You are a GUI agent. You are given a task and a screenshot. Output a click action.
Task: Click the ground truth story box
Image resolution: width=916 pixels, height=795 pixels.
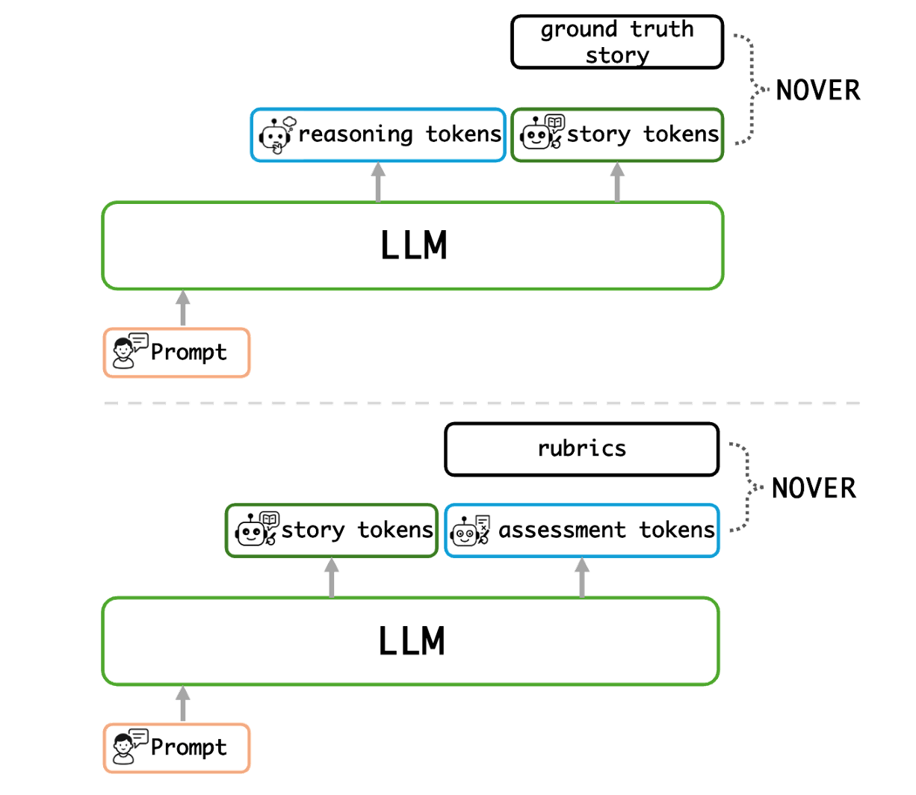pyautogui.click(x=616, y=42)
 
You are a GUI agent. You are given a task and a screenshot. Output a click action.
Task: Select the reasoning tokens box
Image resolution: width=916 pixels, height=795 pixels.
pyautogui.click(x=377, y=134)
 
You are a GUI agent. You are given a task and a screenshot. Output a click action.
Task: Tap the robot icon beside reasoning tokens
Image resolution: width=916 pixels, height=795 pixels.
pyautogui.click(x=276, y=134)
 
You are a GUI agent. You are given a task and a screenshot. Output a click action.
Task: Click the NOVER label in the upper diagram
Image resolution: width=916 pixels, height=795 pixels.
pyautogui.click(x=818, y=90)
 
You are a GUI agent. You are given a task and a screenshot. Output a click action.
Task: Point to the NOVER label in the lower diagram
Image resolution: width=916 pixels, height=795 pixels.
pyautogui.click(x=813, y=489)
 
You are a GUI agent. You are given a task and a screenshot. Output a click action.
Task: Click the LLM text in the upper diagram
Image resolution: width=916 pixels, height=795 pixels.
pyautogui.click(x=413, y=246)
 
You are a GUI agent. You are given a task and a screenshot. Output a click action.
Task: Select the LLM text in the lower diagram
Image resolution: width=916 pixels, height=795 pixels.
pyautogui.click(x=412, y=641)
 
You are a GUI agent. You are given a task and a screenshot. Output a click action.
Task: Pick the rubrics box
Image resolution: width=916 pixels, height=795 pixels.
pyautogui.click(x=581, y=449)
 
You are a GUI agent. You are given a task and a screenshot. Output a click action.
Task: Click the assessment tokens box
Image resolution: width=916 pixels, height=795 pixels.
pyautogui.click(x=582, y=530)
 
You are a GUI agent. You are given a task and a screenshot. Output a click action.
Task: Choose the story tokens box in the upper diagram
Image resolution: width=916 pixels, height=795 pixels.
pyautogui.click(x=616, y=134)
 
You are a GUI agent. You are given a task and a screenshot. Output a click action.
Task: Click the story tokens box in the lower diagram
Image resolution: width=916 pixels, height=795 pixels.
pyautogui.click(x=331, y=530)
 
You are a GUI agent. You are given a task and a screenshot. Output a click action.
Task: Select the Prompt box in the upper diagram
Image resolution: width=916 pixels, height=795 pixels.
pyautogui.click(x=176, y=352)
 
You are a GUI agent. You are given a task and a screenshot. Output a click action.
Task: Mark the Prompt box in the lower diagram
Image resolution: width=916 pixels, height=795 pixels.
pyautogui.click(x=176, y=747)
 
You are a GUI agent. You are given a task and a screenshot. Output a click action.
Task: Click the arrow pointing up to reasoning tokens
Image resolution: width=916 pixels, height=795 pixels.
pyautogui.click(x=377, y=182)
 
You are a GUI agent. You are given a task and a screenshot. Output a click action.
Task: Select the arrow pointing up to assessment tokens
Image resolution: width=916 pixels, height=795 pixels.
pyautogui.click(x=582, y=578)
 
